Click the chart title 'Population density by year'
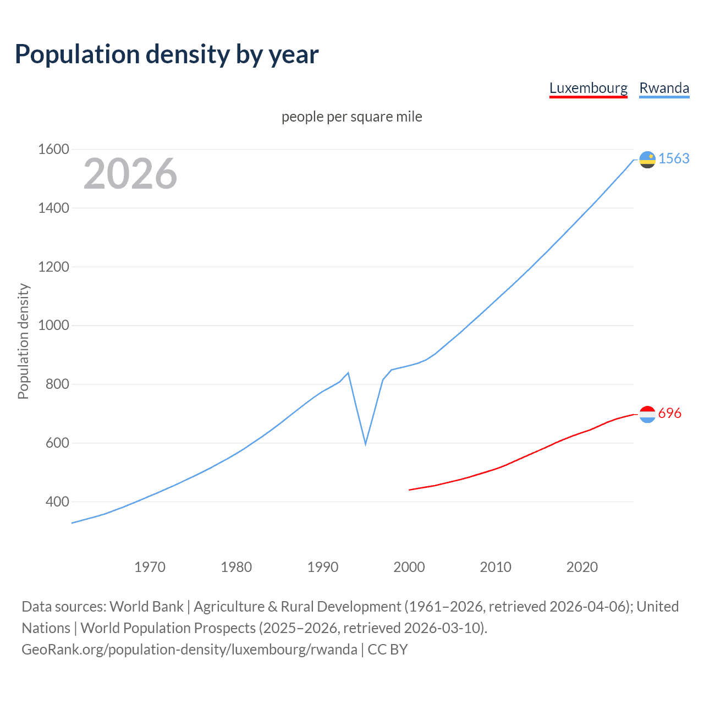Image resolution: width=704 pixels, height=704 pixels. point(167,54)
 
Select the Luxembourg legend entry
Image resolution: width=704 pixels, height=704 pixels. point(588,88)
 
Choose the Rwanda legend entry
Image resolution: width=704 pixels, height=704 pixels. point(664,88)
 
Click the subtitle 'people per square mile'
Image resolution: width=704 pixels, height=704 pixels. point(352,117)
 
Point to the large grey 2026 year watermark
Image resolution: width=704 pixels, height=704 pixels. point(130,174)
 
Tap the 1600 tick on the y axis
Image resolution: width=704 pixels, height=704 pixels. point(53,149)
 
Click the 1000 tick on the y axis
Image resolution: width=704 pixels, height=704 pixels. point(53,325)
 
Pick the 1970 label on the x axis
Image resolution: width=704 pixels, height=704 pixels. point(150,567)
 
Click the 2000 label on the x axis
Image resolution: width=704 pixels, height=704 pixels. point(409,567)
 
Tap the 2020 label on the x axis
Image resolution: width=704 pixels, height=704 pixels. point(582,567)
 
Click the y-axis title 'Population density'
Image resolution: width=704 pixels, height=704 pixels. point(23,341)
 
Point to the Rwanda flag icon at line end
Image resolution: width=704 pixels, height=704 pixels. point(647,159)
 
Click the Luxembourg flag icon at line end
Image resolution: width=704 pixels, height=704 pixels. point(647,414)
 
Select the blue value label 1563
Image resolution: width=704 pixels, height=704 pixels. point(674,158)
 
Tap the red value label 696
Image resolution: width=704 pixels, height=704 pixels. point(669,413)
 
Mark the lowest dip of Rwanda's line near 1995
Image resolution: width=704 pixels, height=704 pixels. point(365,443)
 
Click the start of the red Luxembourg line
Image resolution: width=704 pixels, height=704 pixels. point(410,490)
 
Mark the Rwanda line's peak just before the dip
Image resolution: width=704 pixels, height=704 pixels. point(348,373)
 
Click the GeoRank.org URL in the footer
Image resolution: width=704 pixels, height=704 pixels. point(189,650)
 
